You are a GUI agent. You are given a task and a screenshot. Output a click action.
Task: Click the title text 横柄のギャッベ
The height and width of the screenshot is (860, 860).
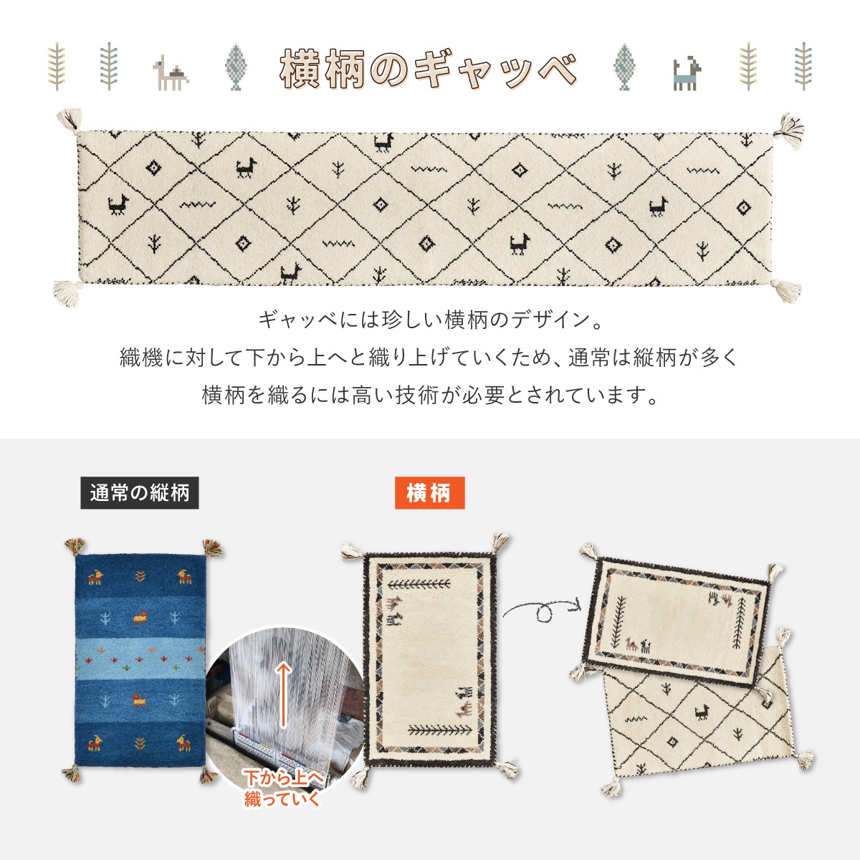click(x=428, y=70)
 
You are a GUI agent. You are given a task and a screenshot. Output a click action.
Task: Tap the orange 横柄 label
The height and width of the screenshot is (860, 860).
click(x=429, y=493)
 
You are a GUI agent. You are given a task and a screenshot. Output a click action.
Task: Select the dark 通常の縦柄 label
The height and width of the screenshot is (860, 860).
click(x=139, y=493)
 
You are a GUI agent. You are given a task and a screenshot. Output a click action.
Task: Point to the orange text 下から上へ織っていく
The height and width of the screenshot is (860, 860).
click(x=284, y=788)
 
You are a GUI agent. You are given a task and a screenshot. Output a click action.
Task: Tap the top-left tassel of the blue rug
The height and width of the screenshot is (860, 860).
click(x=73, y=548)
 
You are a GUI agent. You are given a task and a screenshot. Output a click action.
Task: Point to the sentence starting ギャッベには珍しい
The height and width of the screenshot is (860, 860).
click(x=429, y=320)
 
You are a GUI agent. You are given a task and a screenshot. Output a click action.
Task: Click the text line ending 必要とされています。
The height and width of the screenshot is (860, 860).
click(x=429, y=395)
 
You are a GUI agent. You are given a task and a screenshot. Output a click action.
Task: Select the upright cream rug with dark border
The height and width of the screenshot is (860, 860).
click(x=429, y=659)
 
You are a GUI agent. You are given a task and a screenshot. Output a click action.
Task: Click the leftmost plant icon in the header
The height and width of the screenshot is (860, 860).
click(x=56, y=67)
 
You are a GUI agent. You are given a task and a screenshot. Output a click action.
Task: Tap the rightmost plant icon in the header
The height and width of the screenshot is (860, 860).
click(x=803, y=67)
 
